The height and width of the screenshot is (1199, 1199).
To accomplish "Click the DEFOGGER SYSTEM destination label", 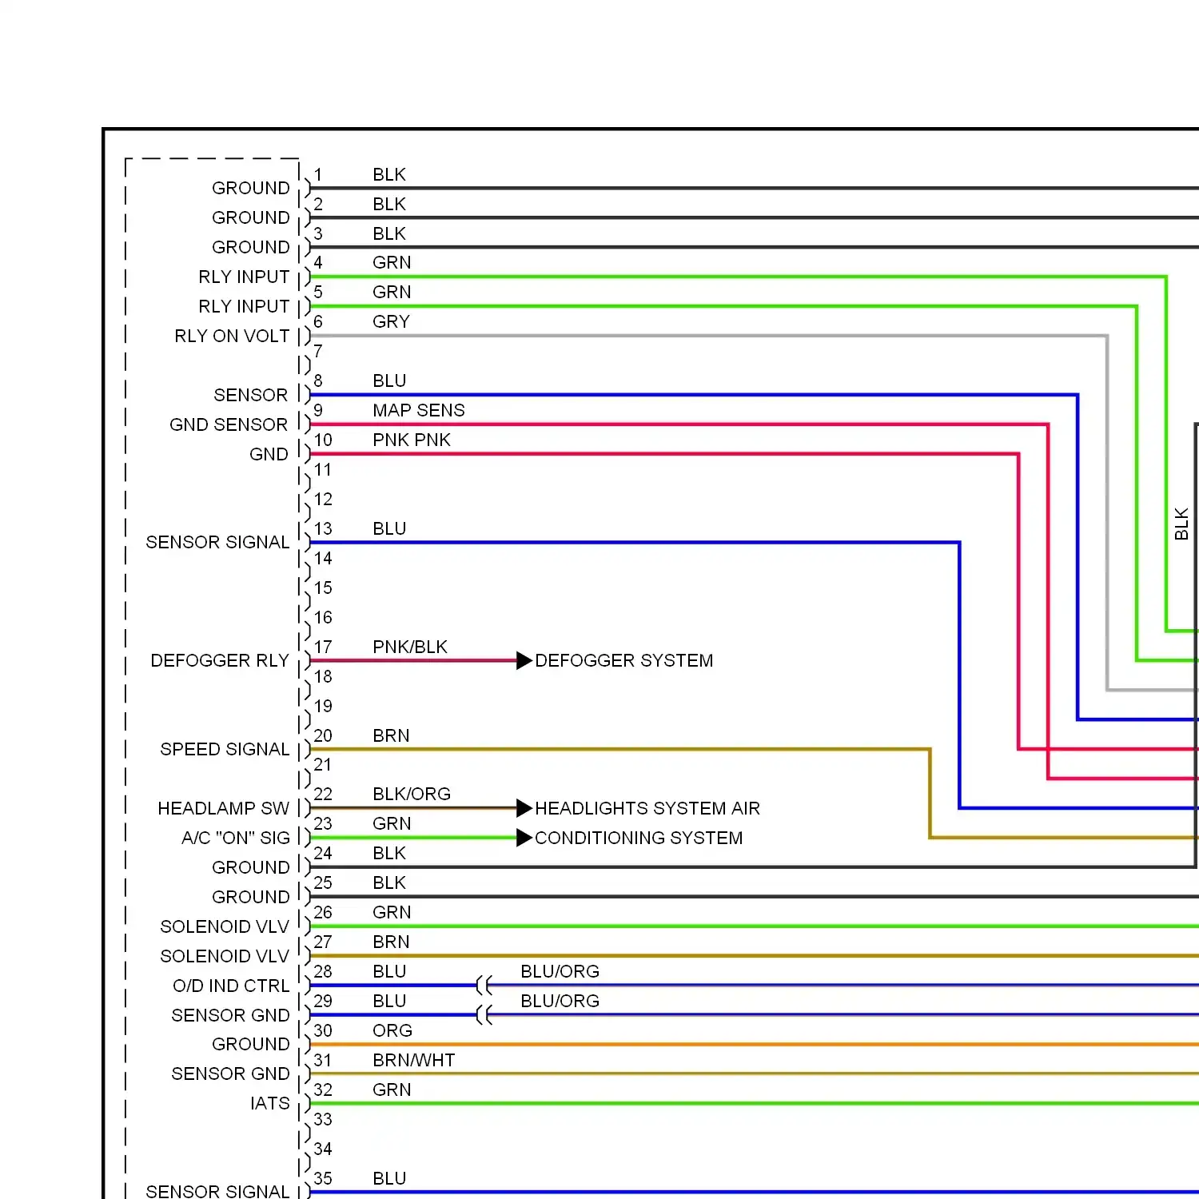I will click(x=623, y=660).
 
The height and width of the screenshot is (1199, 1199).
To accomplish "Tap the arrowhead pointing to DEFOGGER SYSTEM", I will click(x=524, y=660).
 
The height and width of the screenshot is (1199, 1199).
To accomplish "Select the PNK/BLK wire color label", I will click(x=409, y=647).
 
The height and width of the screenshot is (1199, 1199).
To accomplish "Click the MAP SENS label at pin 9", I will click(x=418, y=410).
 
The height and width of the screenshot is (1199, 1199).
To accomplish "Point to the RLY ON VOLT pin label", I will click(x=232, y=336).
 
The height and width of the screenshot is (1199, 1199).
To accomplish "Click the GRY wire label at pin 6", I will click(x=391, y=321).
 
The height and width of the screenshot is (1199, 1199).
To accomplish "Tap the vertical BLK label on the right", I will click(x=1181, y=524).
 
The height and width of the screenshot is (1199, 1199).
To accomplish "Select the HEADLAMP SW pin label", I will click(x=223, y=808).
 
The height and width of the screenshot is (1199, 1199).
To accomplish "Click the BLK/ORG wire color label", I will click(x=411, y=794).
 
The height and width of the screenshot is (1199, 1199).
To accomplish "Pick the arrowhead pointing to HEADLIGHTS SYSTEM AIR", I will click(x=524, y=808).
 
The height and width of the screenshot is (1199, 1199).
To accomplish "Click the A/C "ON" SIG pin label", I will click(x=235, y=838).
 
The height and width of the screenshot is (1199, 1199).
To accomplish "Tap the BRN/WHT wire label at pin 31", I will click(x=413, y=1060).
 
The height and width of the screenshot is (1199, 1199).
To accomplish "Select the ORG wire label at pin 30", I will click(x=392, y=1030).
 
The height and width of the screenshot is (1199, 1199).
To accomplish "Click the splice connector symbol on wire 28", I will click(x=484, y=985).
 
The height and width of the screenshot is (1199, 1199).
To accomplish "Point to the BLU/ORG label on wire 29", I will click(x=560, y=1001).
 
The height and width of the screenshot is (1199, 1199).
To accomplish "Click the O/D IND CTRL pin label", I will click(x=231, y=986).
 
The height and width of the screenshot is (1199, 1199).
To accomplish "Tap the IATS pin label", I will click(x=269, y=1103).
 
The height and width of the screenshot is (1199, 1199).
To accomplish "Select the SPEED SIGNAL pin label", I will click(x=225, y=749).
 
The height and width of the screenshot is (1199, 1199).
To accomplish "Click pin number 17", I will click(x=323, y=647).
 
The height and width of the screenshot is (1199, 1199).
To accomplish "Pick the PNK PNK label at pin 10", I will click(x=411, y=440).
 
